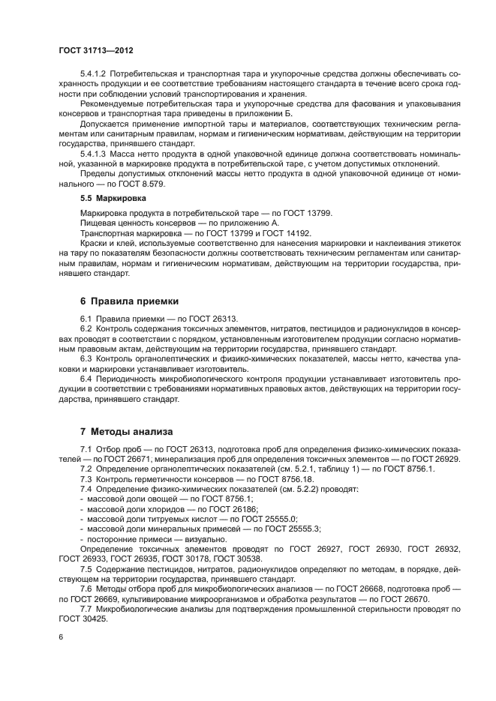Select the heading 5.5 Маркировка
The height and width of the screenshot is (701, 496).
(113, 199)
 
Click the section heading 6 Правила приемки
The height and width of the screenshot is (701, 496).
(129, 301)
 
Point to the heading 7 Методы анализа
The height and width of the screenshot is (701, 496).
(127, 432)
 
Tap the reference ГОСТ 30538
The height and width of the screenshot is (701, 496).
(239, 559)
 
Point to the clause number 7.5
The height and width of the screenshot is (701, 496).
(87, 568)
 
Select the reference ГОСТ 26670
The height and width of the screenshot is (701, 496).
(405, 598)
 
